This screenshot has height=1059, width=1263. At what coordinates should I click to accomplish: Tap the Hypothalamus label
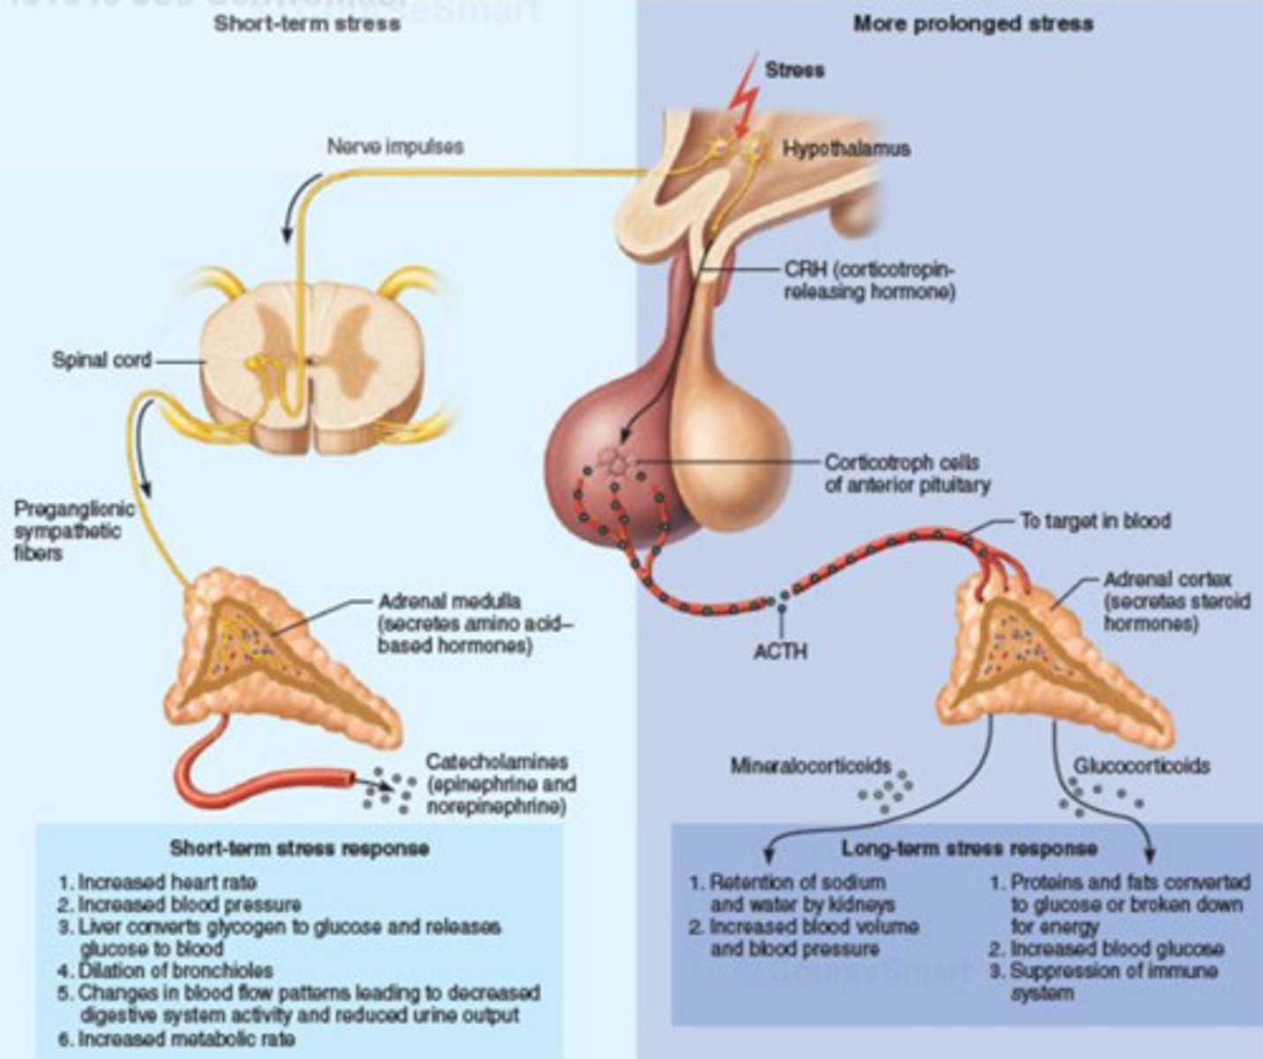[846, 148]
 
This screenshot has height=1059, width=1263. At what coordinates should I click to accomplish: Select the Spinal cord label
[101, 360]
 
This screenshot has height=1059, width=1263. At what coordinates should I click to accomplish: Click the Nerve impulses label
[395, 146]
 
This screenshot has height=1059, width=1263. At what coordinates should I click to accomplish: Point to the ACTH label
[780, 651]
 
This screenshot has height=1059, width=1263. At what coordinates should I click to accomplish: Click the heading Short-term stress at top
[306, 23]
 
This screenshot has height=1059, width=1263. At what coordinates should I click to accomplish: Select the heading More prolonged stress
[973, 23]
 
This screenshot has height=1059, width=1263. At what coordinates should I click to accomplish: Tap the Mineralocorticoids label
[810, 766]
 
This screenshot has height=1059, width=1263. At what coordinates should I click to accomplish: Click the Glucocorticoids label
[1140, 766]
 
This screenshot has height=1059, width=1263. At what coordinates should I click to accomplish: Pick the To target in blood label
[1094, 521]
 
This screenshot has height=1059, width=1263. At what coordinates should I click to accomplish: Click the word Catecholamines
[496, 762]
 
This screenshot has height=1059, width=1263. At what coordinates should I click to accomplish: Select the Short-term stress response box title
[299, 849]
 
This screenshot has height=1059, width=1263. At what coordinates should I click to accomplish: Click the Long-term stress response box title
[969, 849]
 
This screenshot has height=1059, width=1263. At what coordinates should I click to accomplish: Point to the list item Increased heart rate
[168, 882]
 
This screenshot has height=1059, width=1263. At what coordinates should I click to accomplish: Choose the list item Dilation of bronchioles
[177, 971]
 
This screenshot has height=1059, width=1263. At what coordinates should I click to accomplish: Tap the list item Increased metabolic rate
[186, 1039]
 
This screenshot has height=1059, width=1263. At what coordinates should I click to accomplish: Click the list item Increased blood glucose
[1116, 949]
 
